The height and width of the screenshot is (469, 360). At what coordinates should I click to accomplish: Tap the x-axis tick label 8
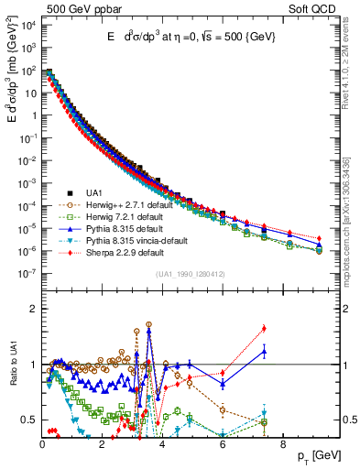(x=282, y=443)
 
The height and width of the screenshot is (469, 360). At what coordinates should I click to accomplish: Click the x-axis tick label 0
(x=42, y=443)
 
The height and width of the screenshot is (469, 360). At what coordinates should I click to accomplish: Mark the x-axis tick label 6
(x=223, y=443)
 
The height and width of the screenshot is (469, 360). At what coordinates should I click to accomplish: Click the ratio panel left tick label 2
(x=32, y=309)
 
